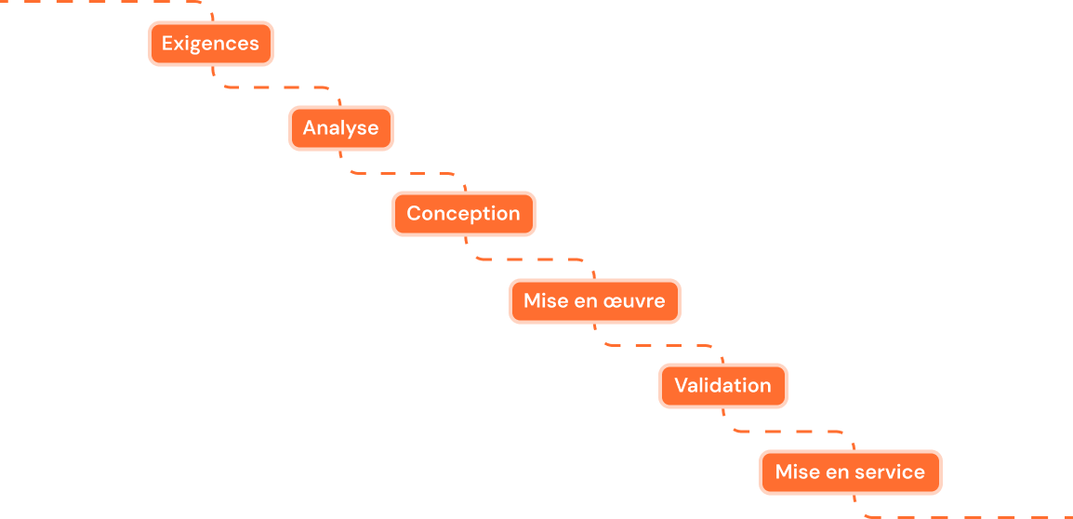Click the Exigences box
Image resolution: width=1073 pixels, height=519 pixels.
point(211,44)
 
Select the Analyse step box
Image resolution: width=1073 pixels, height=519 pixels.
point(340,128)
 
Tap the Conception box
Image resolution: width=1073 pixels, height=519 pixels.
point(463,214)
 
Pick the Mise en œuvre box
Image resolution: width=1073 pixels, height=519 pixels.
point(594,301)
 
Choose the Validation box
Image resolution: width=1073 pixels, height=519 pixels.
point(722,386)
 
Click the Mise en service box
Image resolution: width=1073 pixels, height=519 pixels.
point(850,472)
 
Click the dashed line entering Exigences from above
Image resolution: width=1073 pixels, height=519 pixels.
point(102,1)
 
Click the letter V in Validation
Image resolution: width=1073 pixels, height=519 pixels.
point(682,386)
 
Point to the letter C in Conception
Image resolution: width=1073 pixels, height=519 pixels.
point(415,214)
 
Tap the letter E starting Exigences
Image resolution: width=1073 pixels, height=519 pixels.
point(167,44)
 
